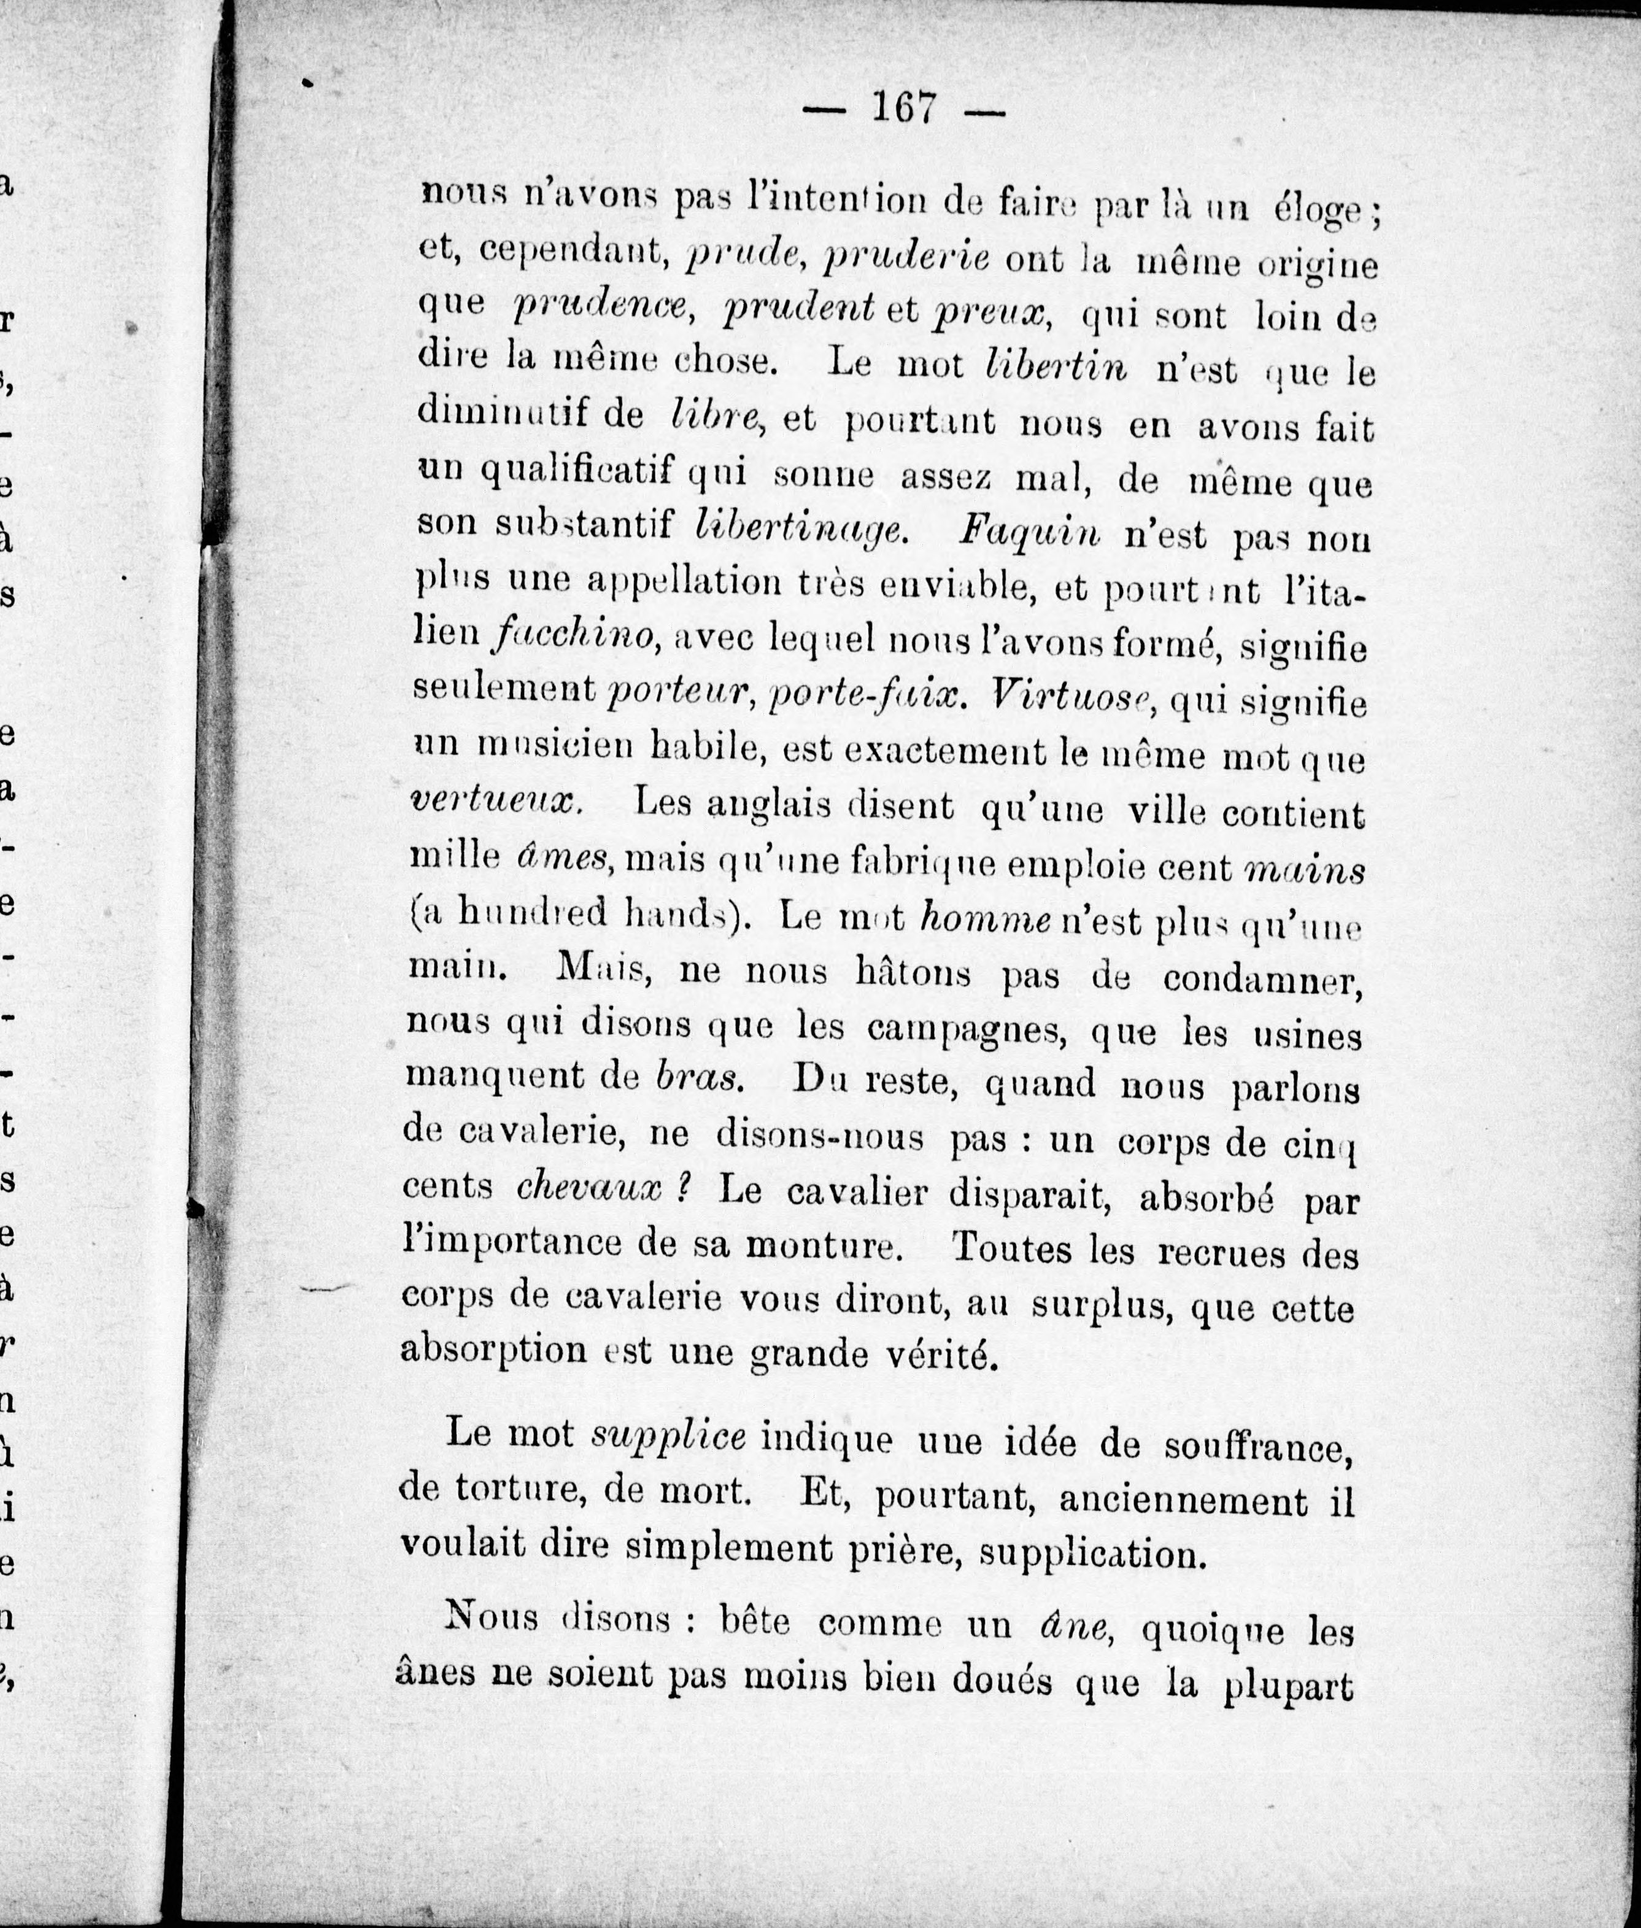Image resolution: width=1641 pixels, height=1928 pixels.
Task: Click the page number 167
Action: (x=903, y=108)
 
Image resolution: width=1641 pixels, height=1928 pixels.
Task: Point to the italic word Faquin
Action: (x=1029, y=532)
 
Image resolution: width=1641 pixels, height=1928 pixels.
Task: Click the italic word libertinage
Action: (x=798, y=528)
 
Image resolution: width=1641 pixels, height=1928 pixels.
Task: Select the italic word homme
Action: (x=985, y=919)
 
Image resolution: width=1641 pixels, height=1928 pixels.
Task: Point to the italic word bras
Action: (x=698, y=1075)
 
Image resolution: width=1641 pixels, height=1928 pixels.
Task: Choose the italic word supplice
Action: (x=669, y=1436)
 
